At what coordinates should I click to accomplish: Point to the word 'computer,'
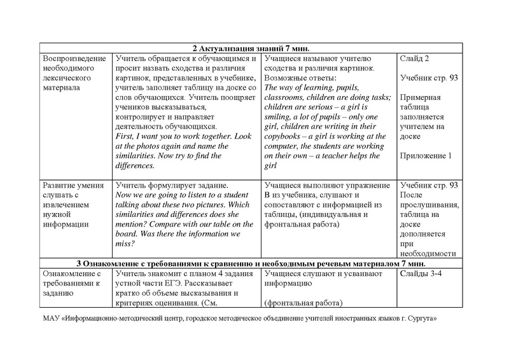(284, 146)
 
